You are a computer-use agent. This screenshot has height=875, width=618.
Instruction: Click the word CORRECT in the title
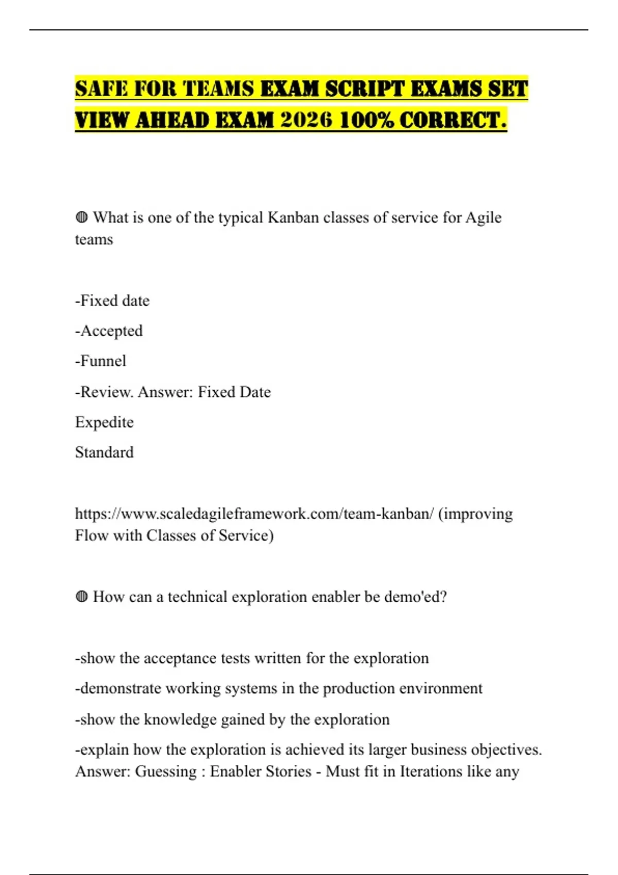point(450,120)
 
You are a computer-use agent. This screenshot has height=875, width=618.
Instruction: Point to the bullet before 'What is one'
point(81,217)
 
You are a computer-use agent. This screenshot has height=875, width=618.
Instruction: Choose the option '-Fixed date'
point(112,301)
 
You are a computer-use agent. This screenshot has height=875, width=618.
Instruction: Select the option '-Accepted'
point(109,331)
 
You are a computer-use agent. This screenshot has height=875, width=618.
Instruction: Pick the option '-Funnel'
point(100,361)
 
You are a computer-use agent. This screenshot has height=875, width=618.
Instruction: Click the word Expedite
point(104,422)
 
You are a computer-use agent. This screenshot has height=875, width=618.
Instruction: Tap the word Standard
point(104,452)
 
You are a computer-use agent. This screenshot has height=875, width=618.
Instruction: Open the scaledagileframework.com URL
point(254,514)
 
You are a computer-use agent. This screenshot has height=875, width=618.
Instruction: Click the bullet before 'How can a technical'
point(81,597)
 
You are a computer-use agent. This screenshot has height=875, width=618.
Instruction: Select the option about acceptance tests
point(252,658)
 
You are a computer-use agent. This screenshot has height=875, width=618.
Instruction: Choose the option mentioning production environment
point(279,689)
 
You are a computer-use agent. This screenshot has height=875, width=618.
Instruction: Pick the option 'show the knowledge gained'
point(232,720)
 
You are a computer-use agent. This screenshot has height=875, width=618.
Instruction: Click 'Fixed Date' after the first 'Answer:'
point(234,392)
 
